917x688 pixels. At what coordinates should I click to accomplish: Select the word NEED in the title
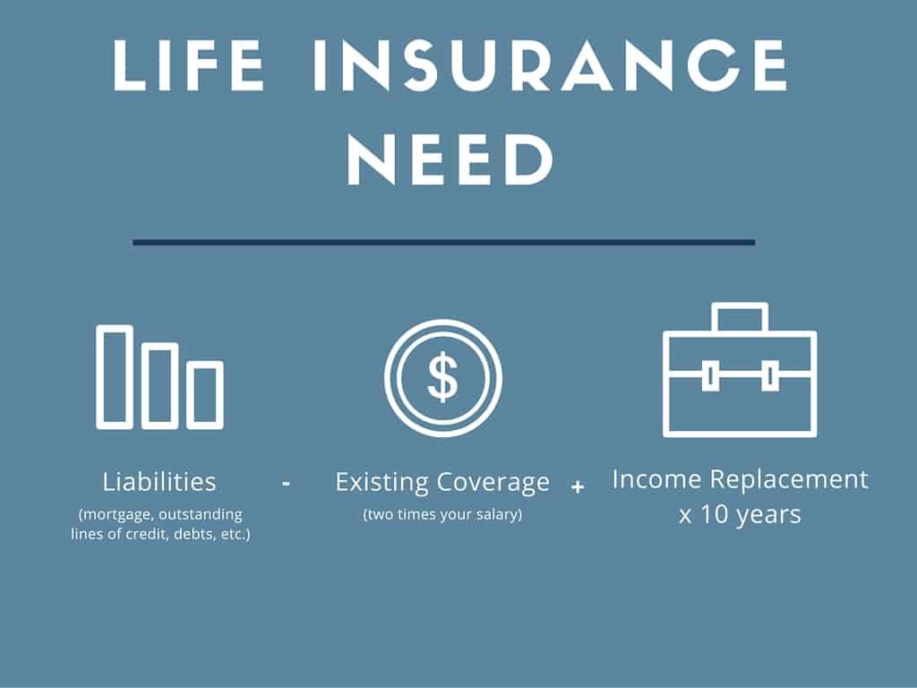click(450, 160)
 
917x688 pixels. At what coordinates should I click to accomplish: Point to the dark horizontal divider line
click(443, 242)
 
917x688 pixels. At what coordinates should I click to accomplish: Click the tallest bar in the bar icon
click(115, 376)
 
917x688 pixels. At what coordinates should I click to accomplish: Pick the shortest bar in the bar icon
click(206, 395)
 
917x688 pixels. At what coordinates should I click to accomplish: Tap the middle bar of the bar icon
click(161, 386)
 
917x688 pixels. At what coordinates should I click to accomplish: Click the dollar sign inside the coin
click(442, 377)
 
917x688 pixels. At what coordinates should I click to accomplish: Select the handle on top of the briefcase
click(739, 318)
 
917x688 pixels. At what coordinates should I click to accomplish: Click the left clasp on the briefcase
click(710, 375)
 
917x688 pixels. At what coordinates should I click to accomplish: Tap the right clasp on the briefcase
click(768, 375)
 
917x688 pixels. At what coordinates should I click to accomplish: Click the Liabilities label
click(159, 482)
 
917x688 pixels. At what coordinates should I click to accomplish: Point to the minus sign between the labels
click(286, 483)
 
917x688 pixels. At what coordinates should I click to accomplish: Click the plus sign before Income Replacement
click(578, 487)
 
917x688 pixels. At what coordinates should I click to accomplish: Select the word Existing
click(383, 482)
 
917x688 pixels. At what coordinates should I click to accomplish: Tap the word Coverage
click(494, 482)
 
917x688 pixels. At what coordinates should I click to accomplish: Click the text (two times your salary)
click(442, 514)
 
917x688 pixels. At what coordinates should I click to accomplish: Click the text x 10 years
click(740, 515)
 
